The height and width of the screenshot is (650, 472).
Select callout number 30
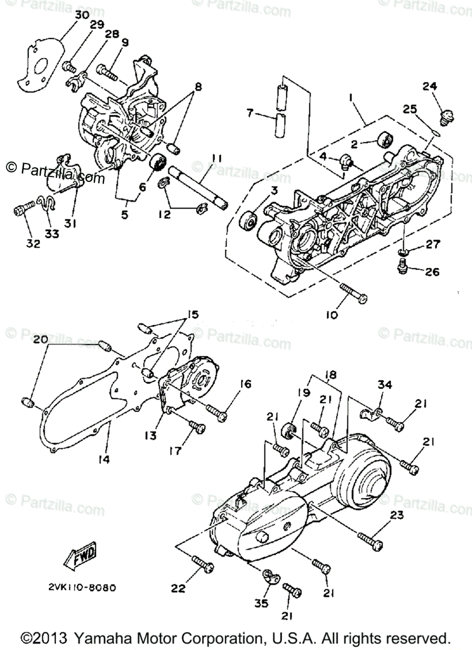[x=82, y=15]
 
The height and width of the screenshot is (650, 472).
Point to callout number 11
[x=217, y=158]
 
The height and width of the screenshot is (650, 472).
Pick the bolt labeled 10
[x=353, y=294]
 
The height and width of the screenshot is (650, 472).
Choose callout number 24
[x=430, y=86]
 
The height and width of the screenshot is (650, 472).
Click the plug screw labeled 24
[x=447, y=115]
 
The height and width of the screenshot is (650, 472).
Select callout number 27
[x=432, y=244]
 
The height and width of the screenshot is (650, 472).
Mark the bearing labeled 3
[x=249, y=221]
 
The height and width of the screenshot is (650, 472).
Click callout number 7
[x=250, y=113]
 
